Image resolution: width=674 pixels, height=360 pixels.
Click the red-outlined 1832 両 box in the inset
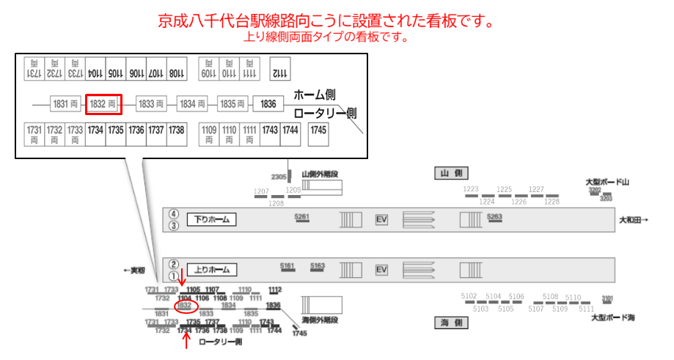(103, 104)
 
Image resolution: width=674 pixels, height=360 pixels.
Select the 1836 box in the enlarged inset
(268, 104)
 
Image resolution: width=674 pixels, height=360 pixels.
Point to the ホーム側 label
(315, 95)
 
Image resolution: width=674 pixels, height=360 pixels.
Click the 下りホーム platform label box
(211, 219)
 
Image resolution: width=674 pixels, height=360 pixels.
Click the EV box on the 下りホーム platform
(381, 219)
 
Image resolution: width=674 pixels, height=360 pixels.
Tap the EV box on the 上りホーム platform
(381, 270)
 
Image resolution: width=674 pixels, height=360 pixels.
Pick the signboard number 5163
(318, 265)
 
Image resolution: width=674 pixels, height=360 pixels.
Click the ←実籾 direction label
(134, 271)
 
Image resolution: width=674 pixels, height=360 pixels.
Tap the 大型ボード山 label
(609, 182)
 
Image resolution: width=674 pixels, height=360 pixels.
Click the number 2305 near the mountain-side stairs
(279, 177)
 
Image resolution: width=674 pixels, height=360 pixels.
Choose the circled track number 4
(174, 214)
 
